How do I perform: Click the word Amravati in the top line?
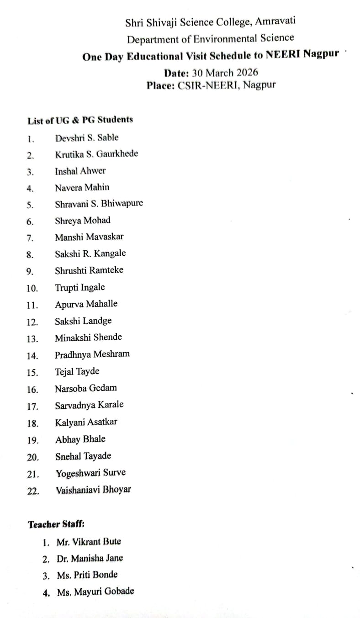[275, 21]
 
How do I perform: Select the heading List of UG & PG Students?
[80, 121]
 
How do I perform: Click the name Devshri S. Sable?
[87, 137]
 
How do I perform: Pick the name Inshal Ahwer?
[80, 171]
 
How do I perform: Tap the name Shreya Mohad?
[83, 221]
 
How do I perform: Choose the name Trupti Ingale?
[80, 287]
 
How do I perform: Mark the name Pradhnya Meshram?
[92, 354]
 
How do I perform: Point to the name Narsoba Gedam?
[86, 388]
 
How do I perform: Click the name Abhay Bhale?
[80, 439]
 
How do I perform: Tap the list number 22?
[32, 491]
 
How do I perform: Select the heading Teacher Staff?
[56, 524]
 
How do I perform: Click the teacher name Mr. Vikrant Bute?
[89, 542]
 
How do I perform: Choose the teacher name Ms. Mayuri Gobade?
[95, 592]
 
